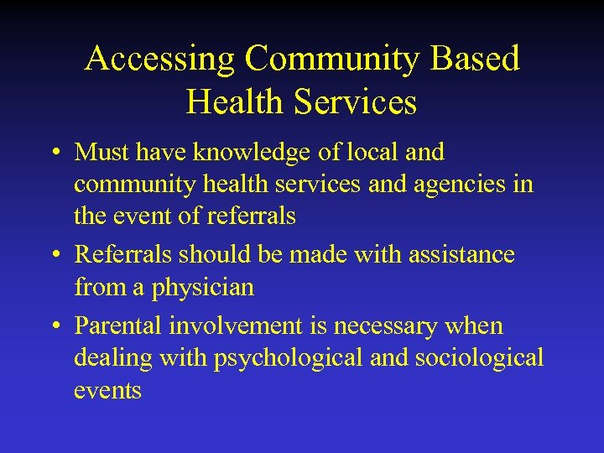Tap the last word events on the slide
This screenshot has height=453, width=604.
click(107, 390)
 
